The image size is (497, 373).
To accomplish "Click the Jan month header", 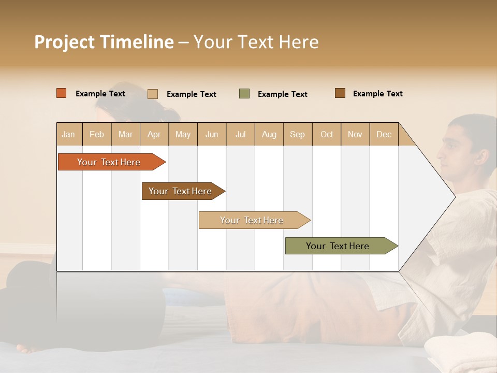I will click(x=69, y=134).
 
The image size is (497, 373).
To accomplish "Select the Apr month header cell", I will click(x=154, y=134).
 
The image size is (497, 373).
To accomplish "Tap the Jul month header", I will click(x=241, y=134).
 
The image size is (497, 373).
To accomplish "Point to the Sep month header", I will click(x=298, y=134).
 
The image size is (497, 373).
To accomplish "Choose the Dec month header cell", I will click(x=384, y=134).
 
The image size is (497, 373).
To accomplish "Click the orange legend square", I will click(x=61, y=93).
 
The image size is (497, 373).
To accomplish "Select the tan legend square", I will click(x=152, y=94).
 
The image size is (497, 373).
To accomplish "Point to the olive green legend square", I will click(x=244, y=94).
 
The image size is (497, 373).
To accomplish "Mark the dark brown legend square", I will click(x=340, y=93).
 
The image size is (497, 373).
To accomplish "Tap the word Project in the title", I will click(x=64, y=42).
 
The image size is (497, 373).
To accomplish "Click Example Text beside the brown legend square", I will click(x=377, y=94).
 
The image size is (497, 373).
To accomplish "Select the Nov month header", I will click(x=355, y=134).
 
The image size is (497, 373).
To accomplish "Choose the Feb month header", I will click(x=97, y=134).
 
